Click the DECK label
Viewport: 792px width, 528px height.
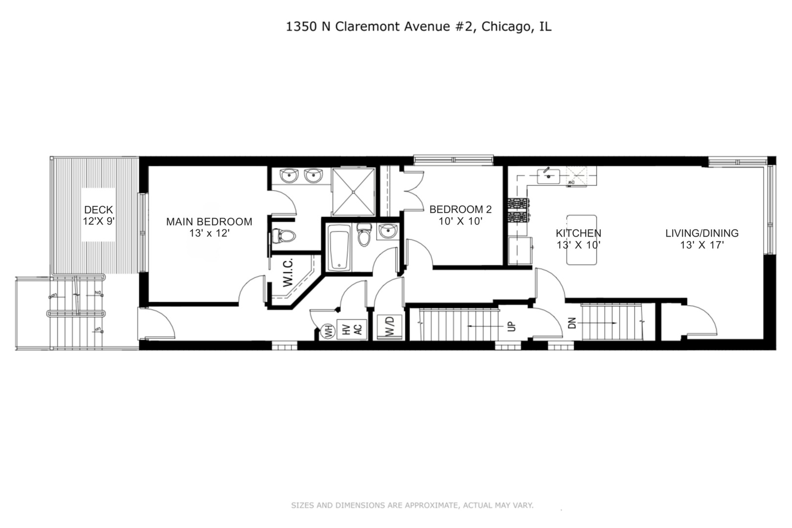tap(98, 210)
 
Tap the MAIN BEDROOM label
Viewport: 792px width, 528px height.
tap(209, 221)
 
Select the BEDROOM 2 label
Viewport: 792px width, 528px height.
tap(460, 209)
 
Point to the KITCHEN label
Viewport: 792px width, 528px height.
tap(578, 233)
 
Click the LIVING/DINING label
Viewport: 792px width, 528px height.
tap(701, 233)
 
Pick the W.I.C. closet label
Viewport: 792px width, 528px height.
tap(288, 272)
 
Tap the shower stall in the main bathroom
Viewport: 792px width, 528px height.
tap(353, 191)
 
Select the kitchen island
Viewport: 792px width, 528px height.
tap(581, 240)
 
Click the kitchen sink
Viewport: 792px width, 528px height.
tap(548, 175)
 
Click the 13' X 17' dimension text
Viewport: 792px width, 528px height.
tap(701, 245)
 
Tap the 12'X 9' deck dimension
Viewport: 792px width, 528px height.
tap(98, 221)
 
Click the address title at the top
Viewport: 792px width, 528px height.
tap(418, 26)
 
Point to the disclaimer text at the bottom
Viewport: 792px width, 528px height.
tap(412, 505)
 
